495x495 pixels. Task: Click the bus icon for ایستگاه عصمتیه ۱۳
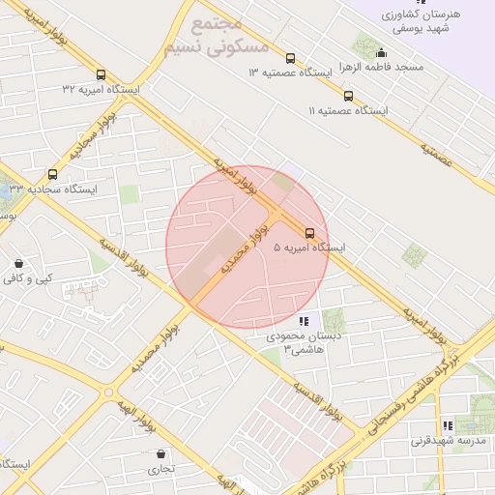291,58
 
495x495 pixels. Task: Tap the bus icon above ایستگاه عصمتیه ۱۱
348,96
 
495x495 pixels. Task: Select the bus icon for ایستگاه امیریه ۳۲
101,74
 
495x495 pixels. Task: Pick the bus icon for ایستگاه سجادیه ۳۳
51,174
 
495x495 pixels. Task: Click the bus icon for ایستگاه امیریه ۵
309,233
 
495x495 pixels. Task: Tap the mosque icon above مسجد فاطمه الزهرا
382,53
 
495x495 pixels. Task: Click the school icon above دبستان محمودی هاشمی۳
304,321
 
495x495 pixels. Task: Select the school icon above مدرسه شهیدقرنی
447,425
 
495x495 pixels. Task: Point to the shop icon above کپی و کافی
18,263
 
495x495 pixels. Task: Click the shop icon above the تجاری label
160,454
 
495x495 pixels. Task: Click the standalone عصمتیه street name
438,155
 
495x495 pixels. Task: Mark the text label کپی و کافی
26,278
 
